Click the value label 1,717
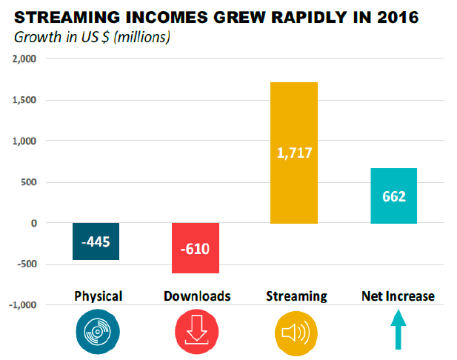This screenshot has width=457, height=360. click(x=295, y=154)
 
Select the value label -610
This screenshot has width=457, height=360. click(x=196, y=248)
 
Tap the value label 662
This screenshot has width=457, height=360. click(x=394, y=198)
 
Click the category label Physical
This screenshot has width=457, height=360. click(x=99, y=296)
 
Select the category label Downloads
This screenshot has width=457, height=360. click(x=196, y=296)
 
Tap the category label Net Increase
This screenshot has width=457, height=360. click(x=398, y=296)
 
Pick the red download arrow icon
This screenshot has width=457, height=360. click(x=196, y=330)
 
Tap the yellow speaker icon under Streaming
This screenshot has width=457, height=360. click(x=296, y=330)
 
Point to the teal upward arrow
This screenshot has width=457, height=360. click(x=398, y=329)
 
